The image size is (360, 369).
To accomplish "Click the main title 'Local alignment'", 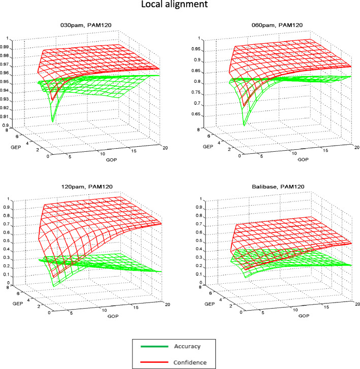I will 180,7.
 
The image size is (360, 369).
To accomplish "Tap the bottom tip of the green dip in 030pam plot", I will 53,122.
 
